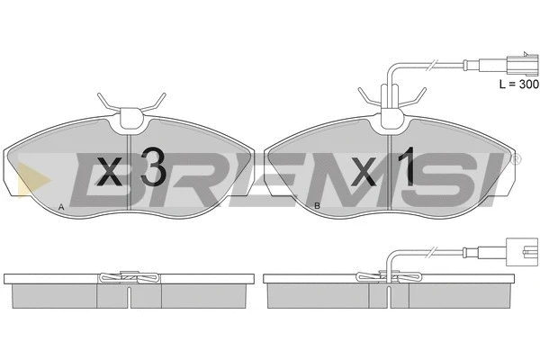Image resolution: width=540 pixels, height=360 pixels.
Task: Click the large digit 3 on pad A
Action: pos(154,167)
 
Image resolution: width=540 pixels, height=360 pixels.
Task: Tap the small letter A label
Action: pos(61,207)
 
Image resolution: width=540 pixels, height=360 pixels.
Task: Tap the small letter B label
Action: pos(317,206)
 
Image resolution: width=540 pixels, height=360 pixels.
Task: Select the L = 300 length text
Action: pos(519,84)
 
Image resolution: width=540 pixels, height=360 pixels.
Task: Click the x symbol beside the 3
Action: pos(110,171)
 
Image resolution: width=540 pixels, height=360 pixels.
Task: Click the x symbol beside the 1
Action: pos(364,172)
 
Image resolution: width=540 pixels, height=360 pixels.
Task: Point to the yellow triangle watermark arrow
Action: pos(33,180)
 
